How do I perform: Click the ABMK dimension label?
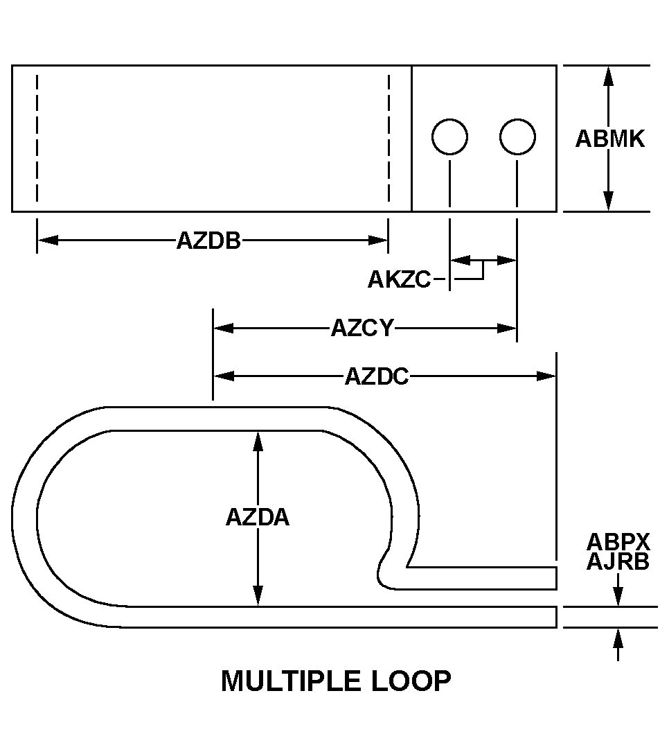coord(610,139)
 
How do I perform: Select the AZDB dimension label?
coord(208,241)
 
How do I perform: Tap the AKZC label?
coord(399,279)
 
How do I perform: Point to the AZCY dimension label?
coord(362,328)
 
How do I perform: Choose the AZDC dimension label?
coord(377,377)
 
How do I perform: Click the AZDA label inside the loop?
coord(258,517)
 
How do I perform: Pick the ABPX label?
coord(618,541)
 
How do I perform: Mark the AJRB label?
coord(618,562)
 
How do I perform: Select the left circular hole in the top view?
coord(449,137)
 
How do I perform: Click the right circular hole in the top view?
coord(517,137)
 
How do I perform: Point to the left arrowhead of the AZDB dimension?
coord(47,241)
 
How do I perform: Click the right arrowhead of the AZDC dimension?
coord(546,376)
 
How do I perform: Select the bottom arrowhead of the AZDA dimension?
coord(258,595)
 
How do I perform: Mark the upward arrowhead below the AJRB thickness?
coord(618,638)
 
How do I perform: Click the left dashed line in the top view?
coord(37,138)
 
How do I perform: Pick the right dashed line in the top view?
coord(389,138)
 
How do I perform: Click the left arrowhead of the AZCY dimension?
coord(224,328)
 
